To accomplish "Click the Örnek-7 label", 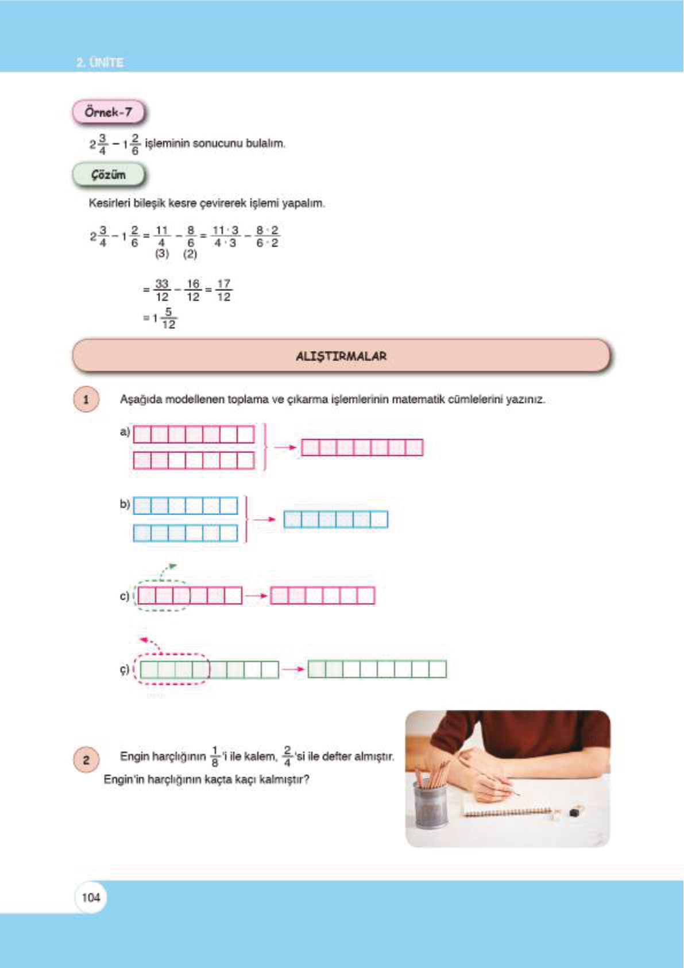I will point(108,112).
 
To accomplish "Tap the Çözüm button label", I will point(108,175).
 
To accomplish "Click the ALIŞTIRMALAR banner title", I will point(341,356).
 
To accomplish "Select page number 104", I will point(91,897).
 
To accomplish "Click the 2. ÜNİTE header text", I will point(100,62).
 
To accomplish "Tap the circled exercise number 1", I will point(86,399).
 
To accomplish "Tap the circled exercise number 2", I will point(86,760).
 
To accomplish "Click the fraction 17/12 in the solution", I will point(223,290).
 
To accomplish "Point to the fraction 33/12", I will point(162,290).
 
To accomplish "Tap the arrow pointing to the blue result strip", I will point(264,520).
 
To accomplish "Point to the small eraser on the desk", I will point(574,812).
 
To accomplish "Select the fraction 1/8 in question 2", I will point(215,756).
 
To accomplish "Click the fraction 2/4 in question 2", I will point(287,756).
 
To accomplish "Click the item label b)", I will point(125,504).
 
